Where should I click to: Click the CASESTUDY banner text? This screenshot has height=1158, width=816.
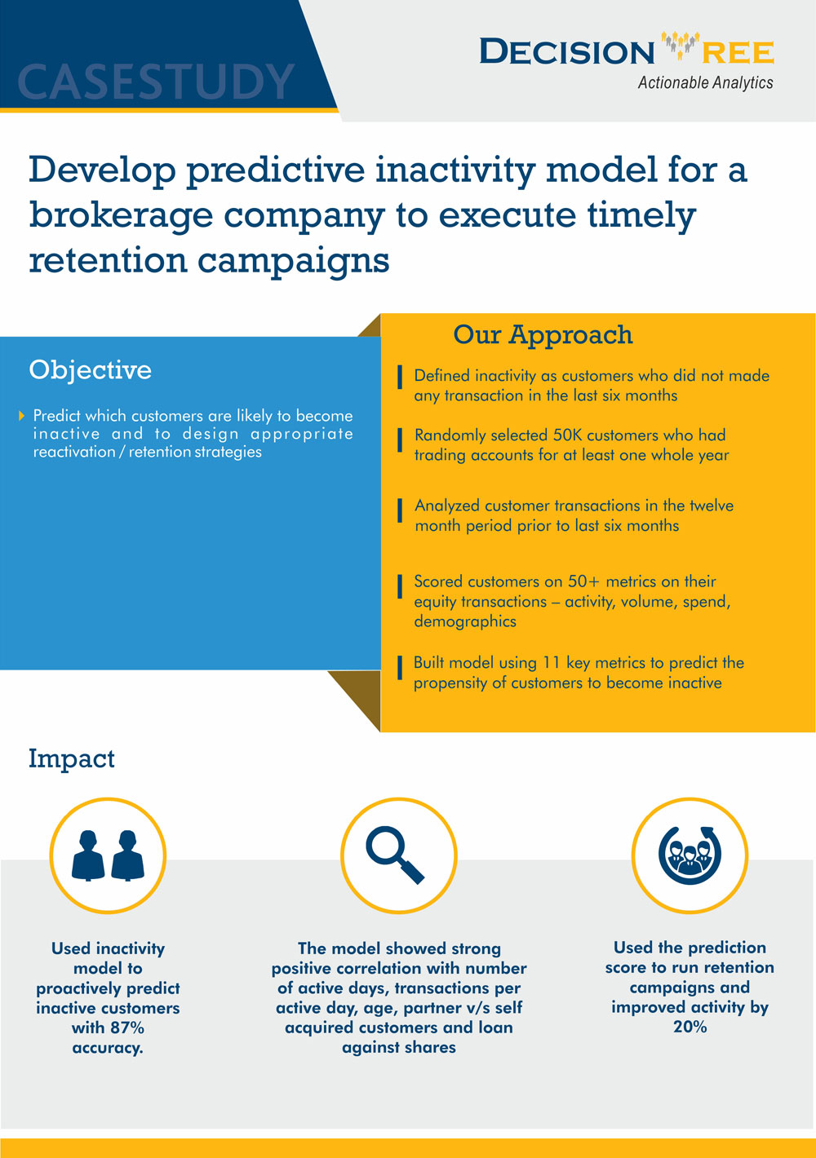tap(155, 82)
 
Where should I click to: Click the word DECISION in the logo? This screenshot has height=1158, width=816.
tap(566, 52)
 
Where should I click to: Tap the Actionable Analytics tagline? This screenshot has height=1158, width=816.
tap(705, 82)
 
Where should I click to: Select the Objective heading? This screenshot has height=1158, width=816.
tap(90, 370)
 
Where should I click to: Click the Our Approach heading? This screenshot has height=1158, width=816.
tap(543, 334)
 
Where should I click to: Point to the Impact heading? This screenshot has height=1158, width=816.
tap(71, 758)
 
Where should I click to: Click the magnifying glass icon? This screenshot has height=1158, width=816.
tap(396, 855)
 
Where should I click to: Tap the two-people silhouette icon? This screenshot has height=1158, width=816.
tap(108, 855)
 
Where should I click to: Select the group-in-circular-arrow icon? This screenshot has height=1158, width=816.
tap(690, 855)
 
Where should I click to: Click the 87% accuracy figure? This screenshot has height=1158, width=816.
tap(126, 1028)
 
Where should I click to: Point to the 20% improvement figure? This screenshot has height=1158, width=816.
tap(690, 1027)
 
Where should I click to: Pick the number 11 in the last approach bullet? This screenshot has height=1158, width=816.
tap(552, 662)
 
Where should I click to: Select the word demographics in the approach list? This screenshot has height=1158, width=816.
tap(464, 621)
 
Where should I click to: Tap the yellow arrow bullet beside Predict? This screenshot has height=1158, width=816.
tap(22, 416)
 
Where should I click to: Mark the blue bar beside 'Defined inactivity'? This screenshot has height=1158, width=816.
tap(400, 378)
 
